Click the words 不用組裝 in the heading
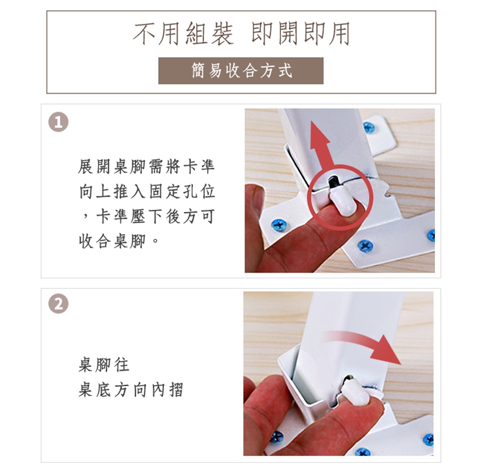click(183, 34)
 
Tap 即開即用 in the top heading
click(301, 34)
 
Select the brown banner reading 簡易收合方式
click(241, 71)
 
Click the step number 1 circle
click(58, 122)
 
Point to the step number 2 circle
click(58, 304)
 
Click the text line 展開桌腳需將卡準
click(146, 167)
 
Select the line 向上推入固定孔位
click(147, 191)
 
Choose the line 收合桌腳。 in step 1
click(119, 240)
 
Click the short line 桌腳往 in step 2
click(104, 365)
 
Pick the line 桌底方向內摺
click(131, 389)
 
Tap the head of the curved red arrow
click(387, 350)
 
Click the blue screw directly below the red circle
click(365, 246)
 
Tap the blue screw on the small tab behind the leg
click(369, 127)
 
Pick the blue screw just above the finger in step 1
click(279, 225)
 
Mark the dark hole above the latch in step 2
click(348, 378)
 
